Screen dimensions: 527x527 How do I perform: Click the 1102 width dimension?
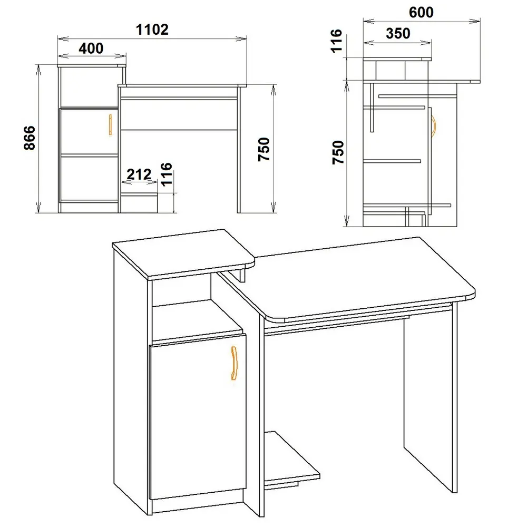tap(152, 30)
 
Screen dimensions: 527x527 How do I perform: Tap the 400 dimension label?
tap(91, 48)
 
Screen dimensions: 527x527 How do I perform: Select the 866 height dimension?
tap(30, 138)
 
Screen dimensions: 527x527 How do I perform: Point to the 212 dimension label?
tap(139, 174)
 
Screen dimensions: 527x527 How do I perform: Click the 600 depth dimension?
tap(421, 13)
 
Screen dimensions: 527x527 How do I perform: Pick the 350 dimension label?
tap(398, 33)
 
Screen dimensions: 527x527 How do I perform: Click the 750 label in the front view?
tap(264, 149)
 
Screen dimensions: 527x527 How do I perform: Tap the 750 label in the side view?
tap(338, 152)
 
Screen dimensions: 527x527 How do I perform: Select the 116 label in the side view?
tap(336, 41)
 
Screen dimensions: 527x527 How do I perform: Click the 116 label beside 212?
tap(167, 174)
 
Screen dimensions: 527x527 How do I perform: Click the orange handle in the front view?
tap(110, 125)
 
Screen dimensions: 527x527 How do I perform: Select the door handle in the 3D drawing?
tap(235, 363)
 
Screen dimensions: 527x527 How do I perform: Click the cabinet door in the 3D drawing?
tap(198, 416)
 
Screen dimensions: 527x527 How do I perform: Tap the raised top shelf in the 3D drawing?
tap(183, 254)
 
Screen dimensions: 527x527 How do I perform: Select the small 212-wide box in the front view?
tap(139, 203)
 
